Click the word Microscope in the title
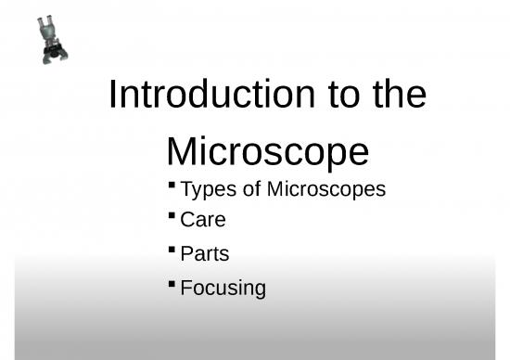coord(267,150)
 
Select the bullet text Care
coord(203,221)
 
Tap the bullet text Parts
coord(205,253)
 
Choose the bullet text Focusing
coord(223,288)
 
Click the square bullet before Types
coord(172,186)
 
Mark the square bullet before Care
coord(172,216)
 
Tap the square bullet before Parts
coord(172,249)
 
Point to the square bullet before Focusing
coord(172,282)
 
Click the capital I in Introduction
coord(113,96)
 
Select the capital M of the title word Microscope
coord(184,150)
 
